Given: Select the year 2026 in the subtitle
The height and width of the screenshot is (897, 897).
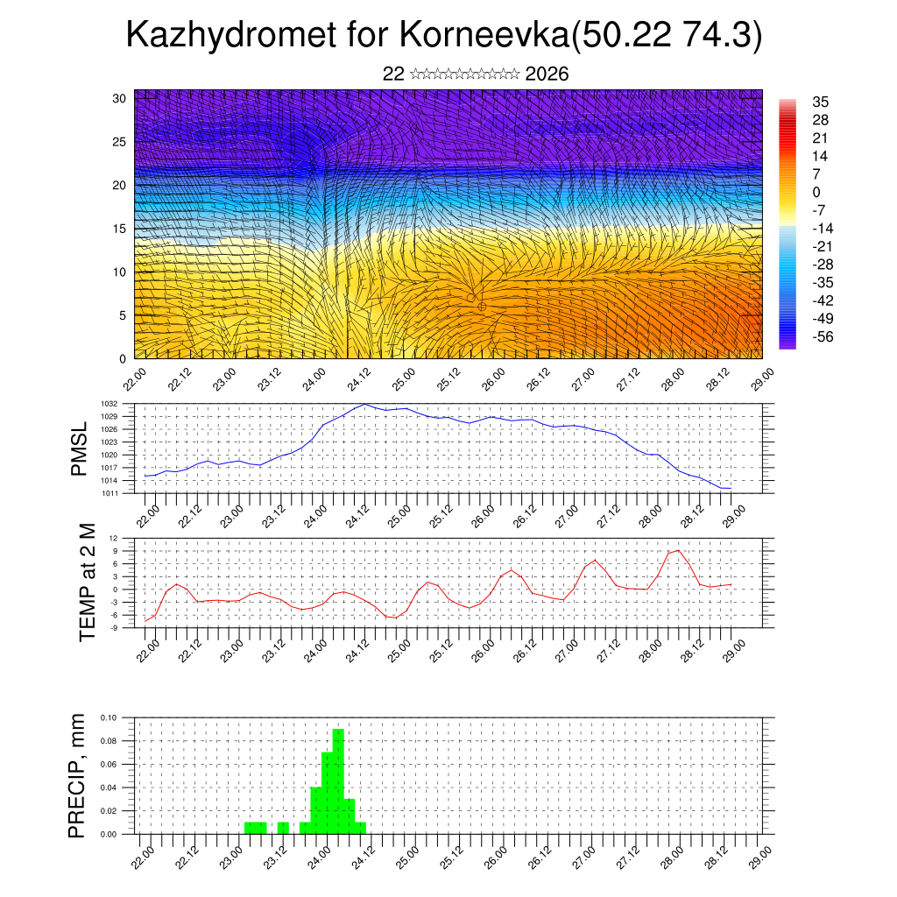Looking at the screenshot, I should coord(547,74).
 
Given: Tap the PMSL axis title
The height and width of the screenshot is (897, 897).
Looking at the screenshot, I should coord(79,448).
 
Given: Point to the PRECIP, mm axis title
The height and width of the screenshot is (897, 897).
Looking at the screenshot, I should coord(79,775).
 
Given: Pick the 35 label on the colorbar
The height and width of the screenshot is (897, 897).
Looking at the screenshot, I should coord(821,102).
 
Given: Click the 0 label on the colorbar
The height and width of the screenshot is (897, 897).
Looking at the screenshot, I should coord(816,192).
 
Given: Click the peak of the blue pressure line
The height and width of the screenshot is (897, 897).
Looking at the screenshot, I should coord(364,405).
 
